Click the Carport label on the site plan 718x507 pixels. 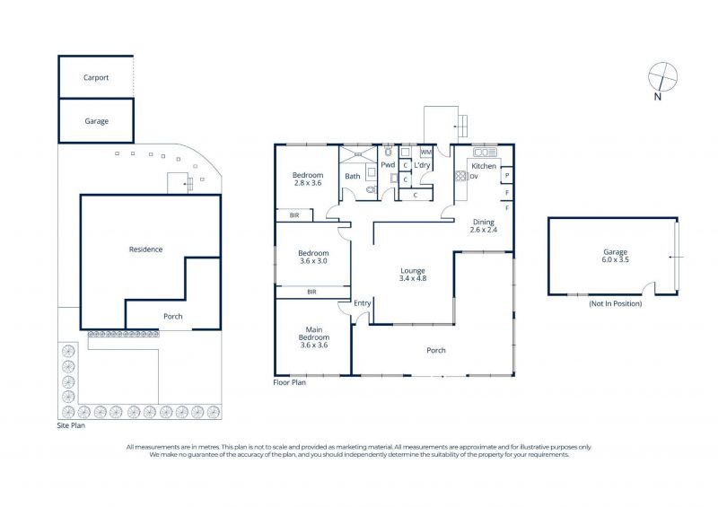(96, 77)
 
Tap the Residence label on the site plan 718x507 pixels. (145, 249)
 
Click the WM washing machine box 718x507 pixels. (425, 152)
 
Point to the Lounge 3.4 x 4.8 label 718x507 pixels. (413, 275)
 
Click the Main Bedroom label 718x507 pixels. (314, 337)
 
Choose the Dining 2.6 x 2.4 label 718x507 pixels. (484, 226)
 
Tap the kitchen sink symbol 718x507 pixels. (485, 152)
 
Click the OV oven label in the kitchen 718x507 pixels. (474, 176)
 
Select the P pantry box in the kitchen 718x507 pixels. (507, 175)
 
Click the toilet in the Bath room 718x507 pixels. (372, 189)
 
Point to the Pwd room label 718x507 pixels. (388, 165)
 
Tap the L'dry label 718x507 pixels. (422, 165)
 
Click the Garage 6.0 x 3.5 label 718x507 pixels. (616, 256)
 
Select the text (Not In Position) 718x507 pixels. (616, 303)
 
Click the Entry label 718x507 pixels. (363, 303)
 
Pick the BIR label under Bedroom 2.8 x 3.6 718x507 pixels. (294, 214)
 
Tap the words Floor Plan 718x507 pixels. (289, 382)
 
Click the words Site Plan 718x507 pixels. (71, 425)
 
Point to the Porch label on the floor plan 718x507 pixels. (436, 350)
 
